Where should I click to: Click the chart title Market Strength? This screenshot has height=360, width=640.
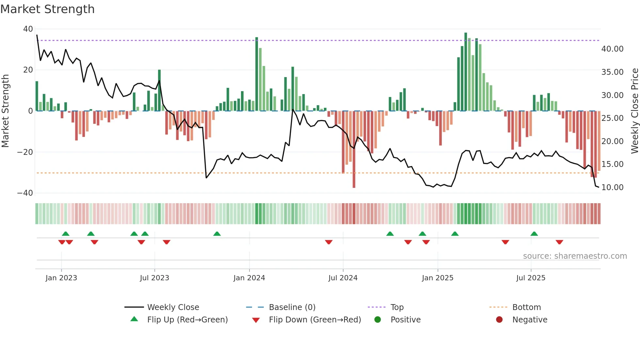click(x=48, y=9)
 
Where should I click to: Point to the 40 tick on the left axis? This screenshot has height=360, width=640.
click(x=28, y=29)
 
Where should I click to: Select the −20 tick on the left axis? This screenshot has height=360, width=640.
click(x=25, y=152)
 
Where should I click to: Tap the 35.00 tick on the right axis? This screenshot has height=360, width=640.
click(x=612, y=72)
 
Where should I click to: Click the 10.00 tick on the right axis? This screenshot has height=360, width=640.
click(x=612, y=187)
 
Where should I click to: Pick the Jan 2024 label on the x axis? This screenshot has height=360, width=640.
click(x=249, y=278)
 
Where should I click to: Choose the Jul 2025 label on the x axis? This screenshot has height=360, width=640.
click(x=531, y=278)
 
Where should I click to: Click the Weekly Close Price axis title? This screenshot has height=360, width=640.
click(x=634, y=111)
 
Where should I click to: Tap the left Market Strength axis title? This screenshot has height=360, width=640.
click(x=6, y=111)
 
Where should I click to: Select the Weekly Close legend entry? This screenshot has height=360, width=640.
click(x=173, y=307)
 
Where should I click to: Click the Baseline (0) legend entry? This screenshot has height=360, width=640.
click(x=292, y=307)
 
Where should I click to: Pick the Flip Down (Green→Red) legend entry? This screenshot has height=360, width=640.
click(x=315, y=320)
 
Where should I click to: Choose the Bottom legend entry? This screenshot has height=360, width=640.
click(x=526, y=307)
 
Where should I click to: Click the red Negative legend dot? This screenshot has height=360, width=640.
click(x=499, y=320)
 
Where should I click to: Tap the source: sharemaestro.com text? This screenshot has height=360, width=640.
click(x=575, y=256)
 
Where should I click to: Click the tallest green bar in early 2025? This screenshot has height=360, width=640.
click(x=466, y=72)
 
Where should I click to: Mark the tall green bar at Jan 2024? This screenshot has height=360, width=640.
click(x=257, y=74)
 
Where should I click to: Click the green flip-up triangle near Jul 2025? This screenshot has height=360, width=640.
click(x=534, y=234)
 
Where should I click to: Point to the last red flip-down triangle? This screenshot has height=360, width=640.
click(x=559, y=242)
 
